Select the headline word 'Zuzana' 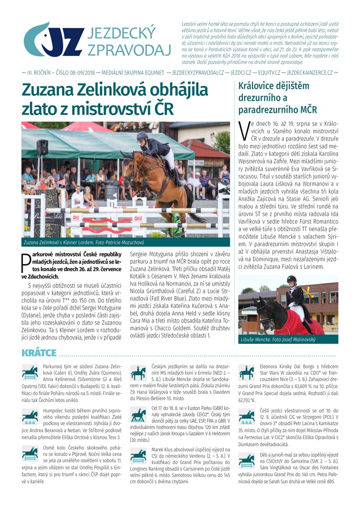tap(54, 90)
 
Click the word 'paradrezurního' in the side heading tap(270, 110)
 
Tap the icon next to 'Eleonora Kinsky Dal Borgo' tap(247, 373)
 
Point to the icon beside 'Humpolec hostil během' tap(30, 415)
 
